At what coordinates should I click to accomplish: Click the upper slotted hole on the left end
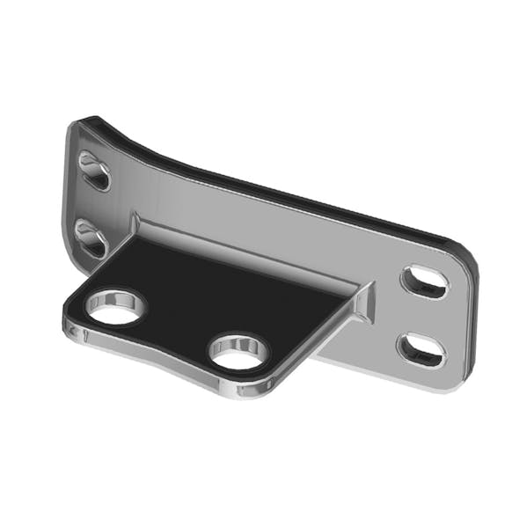[94, 171]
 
